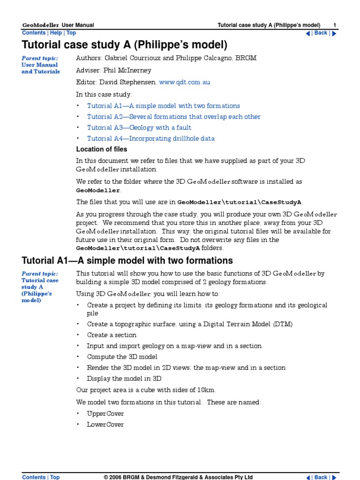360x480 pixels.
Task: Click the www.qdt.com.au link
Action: (184, 82)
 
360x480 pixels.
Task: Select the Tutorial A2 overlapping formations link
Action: (173, 117)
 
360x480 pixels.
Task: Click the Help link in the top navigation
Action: (56, 33)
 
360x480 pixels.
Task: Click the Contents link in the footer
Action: (34, 477)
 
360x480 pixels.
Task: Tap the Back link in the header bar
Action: (321, 33)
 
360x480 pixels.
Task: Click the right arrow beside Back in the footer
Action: (334, 477)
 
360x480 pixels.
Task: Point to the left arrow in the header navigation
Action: (308, 33)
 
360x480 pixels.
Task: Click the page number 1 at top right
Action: (335, 25)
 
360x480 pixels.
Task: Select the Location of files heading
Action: (101, 149)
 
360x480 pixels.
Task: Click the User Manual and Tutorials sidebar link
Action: (40, 68)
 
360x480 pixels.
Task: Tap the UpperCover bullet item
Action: (105, 414)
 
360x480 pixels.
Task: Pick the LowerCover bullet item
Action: (105, 425)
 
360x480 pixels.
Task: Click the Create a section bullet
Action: (112, 335)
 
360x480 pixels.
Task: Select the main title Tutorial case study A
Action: (124, 45)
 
